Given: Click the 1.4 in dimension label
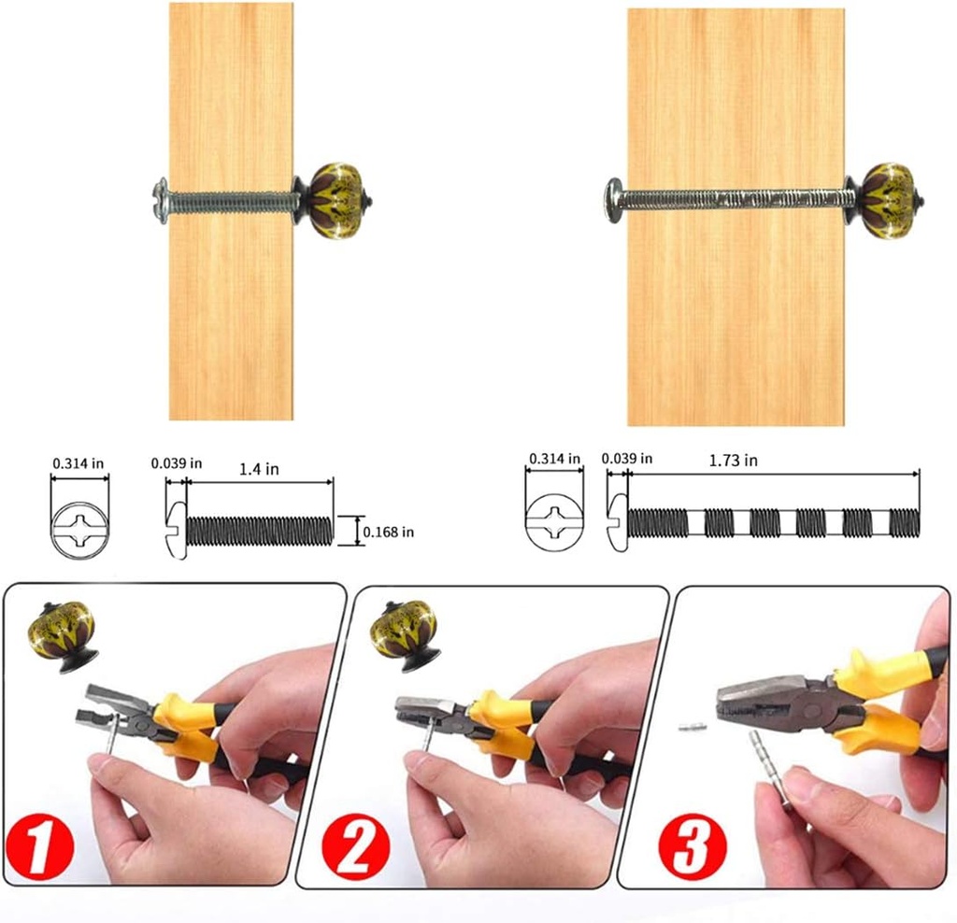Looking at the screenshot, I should pos(260,469).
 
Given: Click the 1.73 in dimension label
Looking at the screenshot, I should pos(733,460).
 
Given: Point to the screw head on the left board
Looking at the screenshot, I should pos(161,200).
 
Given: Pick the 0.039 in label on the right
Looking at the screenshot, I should pos(628,459).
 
